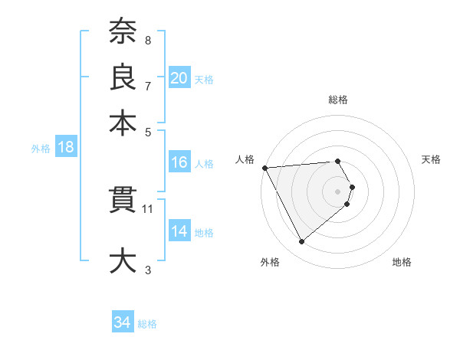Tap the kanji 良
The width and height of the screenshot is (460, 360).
123,77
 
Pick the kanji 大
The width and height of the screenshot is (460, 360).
123,259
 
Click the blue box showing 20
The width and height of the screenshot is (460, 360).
179,77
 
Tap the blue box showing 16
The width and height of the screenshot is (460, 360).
179,162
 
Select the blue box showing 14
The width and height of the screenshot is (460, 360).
179,231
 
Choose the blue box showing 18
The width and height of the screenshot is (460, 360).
65,148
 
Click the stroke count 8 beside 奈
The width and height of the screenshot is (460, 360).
148,40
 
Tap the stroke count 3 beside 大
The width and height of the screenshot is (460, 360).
148,269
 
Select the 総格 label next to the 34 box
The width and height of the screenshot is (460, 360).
147,324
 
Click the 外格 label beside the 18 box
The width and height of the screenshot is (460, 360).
40,149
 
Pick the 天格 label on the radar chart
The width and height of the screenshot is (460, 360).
431,159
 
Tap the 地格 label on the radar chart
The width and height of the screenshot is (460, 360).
402,262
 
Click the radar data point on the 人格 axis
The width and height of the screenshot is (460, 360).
264,167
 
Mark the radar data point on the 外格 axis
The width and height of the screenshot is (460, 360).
301,242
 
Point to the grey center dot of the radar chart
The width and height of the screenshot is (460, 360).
337,191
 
